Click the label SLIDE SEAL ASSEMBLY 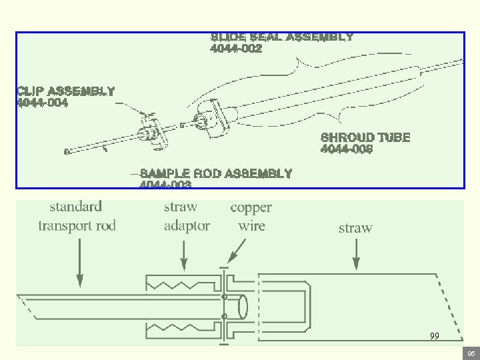click(281, 37)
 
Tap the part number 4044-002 click(236, 49)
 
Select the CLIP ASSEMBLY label click(65, 91)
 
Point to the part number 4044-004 click(42, 103)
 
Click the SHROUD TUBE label click(365, 137)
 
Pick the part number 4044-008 click(347, 149)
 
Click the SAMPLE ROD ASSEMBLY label click(216, 174)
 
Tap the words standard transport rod click(77, 216)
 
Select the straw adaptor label click(187, 216)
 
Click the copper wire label click(251, 216)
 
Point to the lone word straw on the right click(355, 228)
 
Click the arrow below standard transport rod click(80, 263)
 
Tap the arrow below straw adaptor click(185, 256)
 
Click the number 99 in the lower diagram click(434, 337)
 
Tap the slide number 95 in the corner click(471, 353)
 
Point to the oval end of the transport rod click(243, 307)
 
